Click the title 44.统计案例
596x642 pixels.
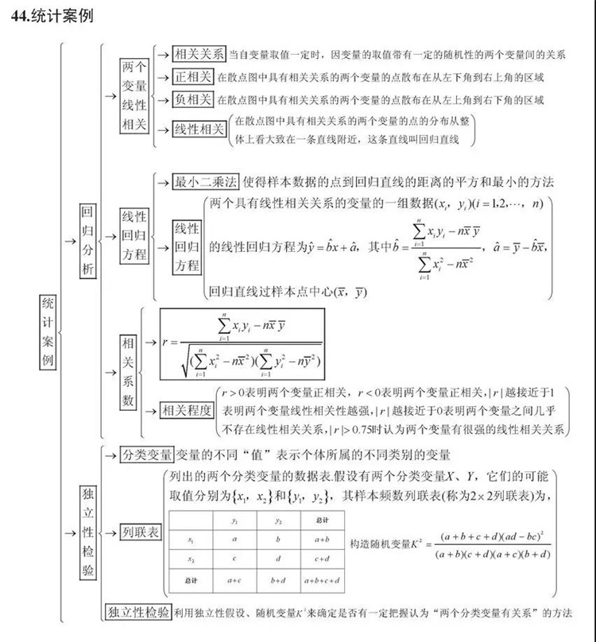pyautogui.click(x=53, y=16)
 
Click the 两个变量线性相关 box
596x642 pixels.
pyautogui.click(x=134, y=96)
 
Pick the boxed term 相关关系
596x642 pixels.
pyautogui.click(x=199, y=54)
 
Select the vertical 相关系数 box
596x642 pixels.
pyautogui.click(x=128, y=371)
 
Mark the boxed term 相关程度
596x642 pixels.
pyautogui.click(x=186, y=410)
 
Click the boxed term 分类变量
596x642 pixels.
pyautogui.click(x=146, y=455)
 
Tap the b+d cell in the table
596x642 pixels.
pyautogui.click(x=279, y=582)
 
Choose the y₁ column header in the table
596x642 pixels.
pyautogui.click(x=234, y=520)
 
